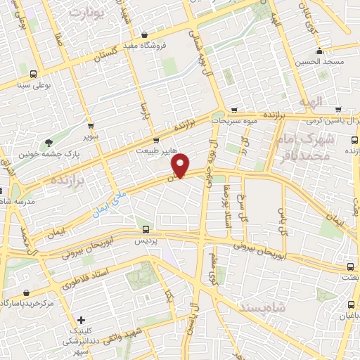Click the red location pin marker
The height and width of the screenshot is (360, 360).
tap(181, 165)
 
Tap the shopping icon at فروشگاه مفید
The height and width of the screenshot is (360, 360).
tap(144, 34)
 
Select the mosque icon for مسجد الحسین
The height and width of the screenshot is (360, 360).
tap(319, 51)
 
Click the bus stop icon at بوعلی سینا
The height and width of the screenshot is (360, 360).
tap(33, 74)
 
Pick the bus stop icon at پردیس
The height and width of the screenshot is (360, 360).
tap(146, 229)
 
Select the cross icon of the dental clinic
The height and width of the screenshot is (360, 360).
tap(82, 320)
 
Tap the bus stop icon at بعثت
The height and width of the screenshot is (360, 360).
tap(350, 267)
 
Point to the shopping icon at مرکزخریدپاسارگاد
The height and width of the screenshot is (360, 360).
tap(26, 292)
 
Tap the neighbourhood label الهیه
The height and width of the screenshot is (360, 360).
tap(307, 103)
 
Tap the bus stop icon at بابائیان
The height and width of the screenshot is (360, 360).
tap(350, 304)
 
